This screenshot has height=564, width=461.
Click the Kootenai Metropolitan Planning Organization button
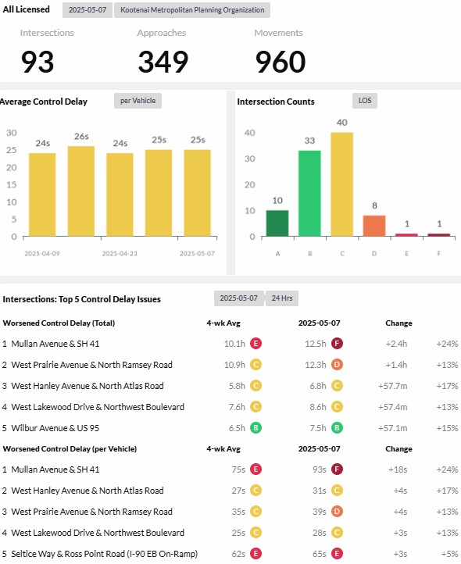click(192, 10)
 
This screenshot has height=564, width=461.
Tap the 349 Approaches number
click(163, 62)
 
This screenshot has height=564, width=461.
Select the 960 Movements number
click(281, 62)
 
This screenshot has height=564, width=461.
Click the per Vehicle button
click(138, 101)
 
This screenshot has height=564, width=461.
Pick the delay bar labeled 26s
click(81, 191)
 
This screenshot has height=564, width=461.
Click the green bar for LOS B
click(309, 193)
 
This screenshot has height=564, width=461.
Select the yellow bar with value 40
click(342, 184)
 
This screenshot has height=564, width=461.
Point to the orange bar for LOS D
click(374, 226)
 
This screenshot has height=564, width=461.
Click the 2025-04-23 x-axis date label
click(120, 254)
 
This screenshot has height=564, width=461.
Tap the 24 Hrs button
click(282, 298)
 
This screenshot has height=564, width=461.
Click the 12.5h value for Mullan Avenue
click(315, 344)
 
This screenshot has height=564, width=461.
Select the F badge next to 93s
click(337, 469)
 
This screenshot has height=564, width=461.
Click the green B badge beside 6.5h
click(256, 427)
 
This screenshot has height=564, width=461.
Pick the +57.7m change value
click(392, 386)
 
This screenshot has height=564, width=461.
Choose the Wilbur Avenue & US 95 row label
click(55, 428)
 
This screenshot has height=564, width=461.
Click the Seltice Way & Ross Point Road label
click(105, 554)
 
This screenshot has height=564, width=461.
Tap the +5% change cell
click(449, 554)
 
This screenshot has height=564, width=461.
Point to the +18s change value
click(398, 469)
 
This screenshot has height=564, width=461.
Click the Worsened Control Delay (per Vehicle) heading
click(70, 449)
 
